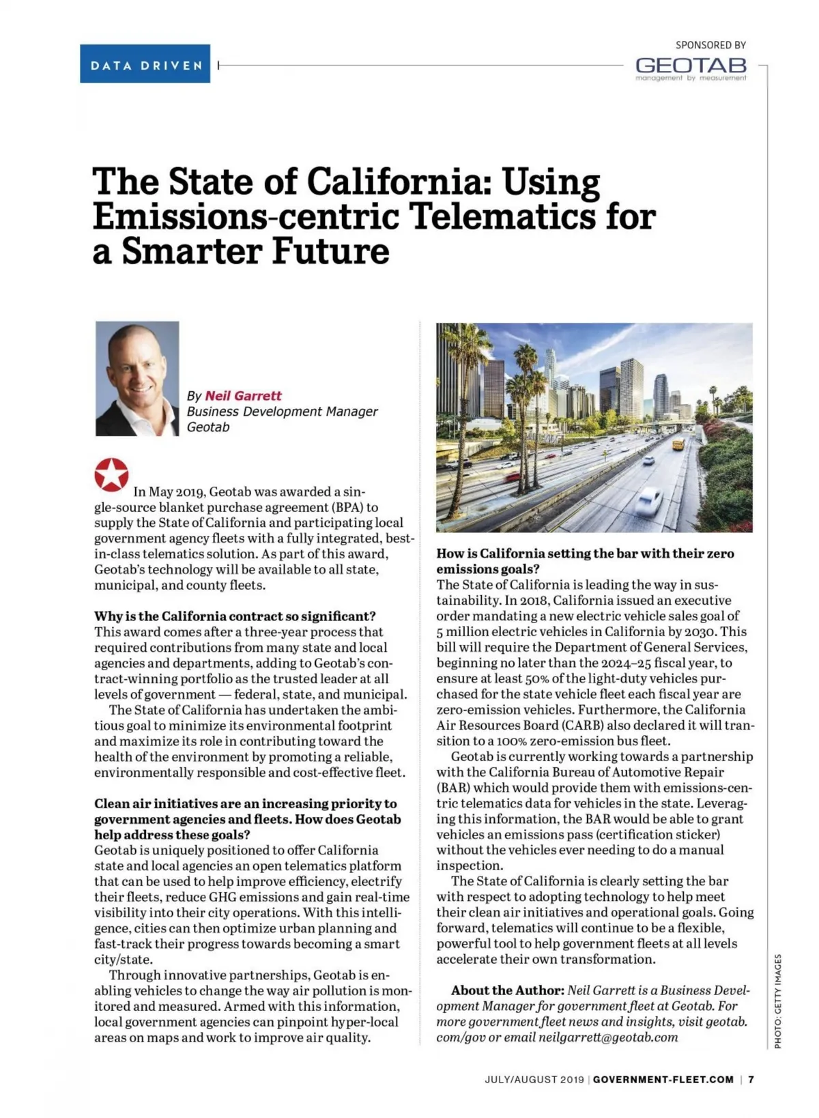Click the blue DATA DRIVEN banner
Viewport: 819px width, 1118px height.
coord(145,64)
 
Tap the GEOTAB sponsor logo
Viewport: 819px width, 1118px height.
coord(691,66)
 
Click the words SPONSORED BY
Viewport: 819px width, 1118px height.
coord(710,45)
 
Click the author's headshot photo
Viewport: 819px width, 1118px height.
coord(137,379)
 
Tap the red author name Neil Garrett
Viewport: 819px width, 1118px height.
coord(243,396)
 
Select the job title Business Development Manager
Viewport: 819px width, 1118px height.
coord(282,412)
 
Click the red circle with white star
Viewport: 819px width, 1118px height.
coord(111,474)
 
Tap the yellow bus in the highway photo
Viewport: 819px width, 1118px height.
coord(678,444)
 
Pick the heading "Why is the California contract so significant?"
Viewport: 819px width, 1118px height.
coord(235,616)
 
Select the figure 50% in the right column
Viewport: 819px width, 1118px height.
coord(533,678)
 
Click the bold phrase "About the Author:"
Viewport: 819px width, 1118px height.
coord(507,990)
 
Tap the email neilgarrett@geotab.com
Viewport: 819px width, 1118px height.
coord(608,1037)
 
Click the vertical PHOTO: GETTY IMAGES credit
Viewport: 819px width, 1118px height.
coord(778,1001)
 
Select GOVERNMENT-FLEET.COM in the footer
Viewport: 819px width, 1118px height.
coord(663,1080)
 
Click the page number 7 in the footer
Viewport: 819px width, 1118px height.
coord(751,1080)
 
